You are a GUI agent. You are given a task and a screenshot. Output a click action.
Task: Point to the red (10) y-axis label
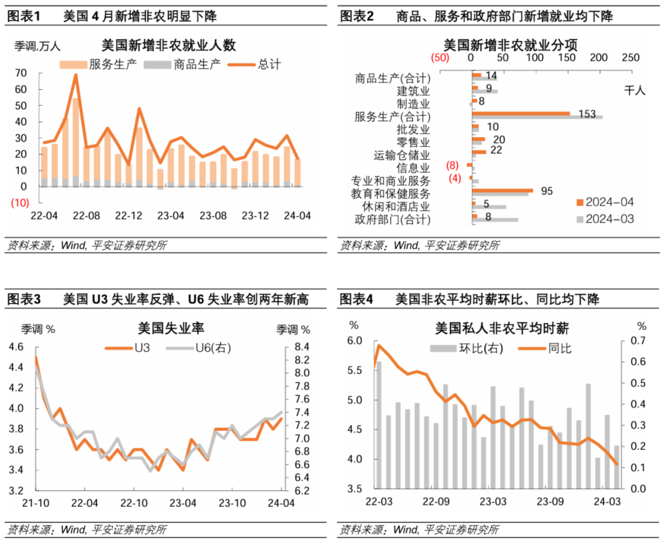click(20, 203)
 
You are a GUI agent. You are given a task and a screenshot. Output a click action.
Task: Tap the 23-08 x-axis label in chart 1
click(213, 216)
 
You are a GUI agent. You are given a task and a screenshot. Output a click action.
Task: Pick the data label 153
click(587, 114)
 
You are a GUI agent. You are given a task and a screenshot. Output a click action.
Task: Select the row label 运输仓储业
click(401, 155)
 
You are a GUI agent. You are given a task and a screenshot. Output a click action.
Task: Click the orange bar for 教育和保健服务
click(502, 191)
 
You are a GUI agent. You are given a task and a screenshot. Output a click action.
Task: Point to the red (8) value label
click(452, 165)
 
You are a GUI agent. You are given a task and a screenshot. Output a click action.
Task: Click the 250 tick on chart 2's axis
click(631, 58)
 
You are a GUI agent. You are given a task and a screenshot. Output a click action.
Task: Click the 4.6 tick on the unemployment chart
click(16, 347)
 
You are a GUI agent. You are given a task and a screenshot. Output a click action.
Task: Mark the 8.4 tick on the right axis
click(302, 347)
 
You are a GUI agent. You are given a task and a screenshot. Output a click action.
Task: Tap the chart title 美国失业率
click(171, 328)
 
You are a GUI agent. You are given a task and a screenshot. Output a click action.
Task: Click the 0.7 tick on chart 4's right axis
click(638, 340)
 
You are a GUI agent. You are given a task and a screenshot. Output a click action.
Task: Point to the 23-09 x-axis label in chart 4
click(550, 502)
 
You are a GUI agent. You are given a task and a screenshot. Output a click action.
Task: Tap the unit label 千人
click(634, 91)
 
